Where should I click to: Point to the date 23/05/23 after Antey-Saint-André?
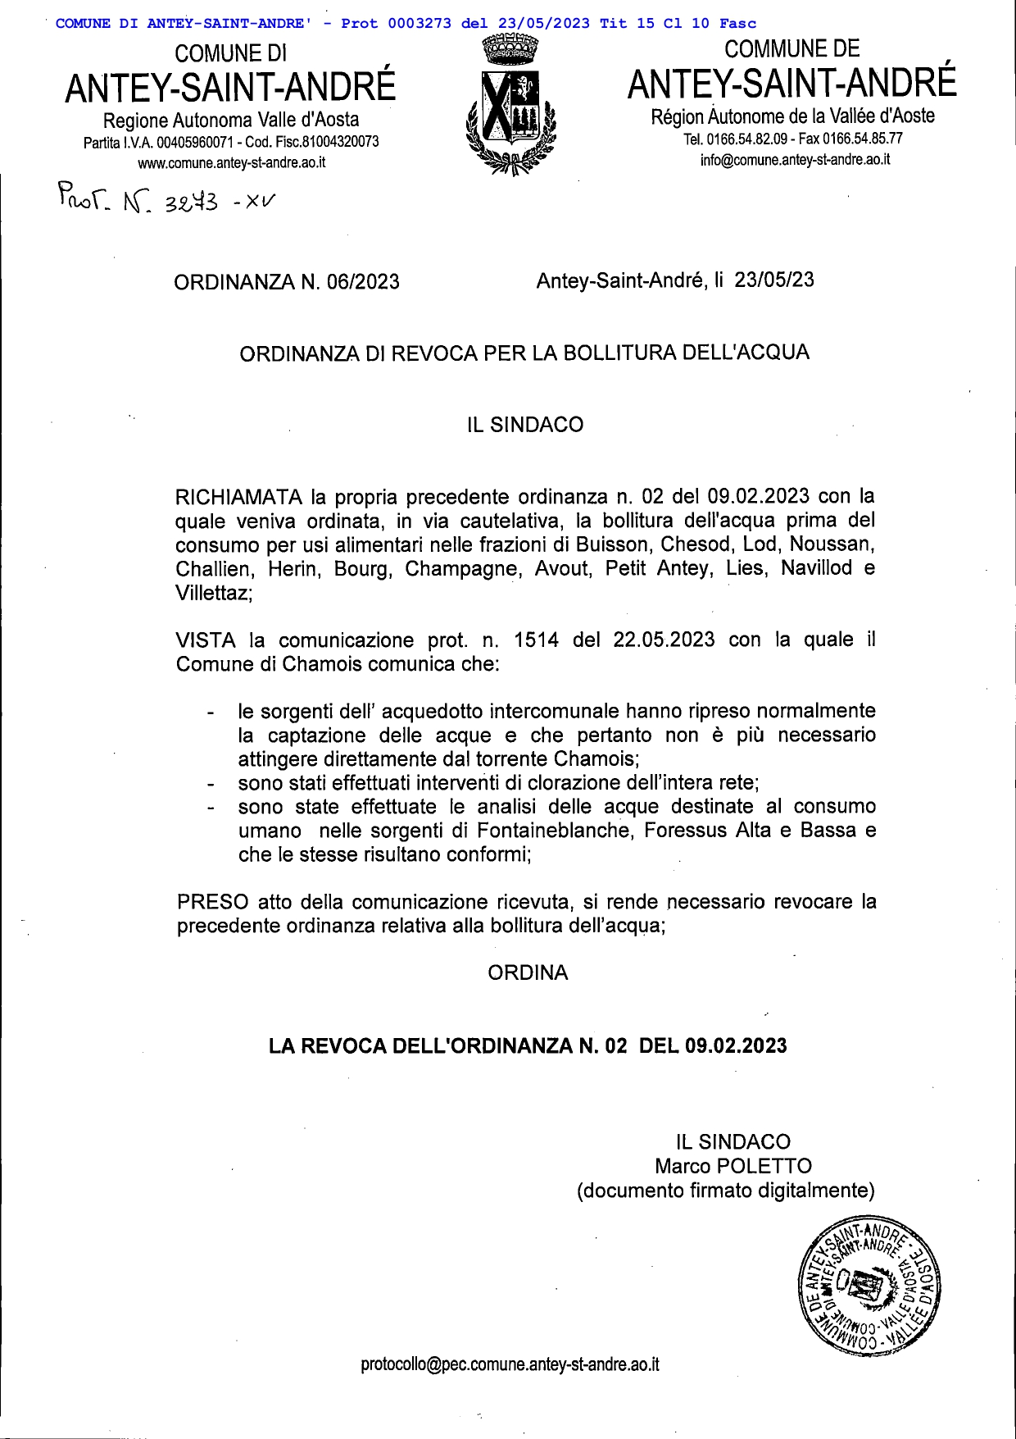click(773, 280)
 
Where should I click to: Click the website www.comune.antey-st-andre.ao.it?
click(231, 162)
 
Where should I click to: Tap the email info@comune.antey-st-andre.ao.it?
click(794, 160)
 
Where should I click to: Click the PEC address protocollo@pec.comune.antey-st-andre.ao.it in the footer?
click(510, 1364)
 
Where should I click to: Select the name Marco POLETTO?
click(733, 1166)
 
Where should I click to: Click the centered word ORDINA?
click(528, 972)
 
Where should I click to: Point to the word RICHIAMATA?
click(238, 497)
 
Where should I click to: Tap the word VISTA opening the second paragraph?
click(206, 640)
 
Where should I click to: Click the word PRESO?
click(212, 902)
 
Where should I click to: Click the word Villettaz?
click(212, 593)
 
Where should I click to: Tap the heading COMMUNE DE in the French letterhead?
click(791, 49)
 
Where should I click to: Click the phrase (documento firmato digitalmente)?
click(725, 1190)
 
